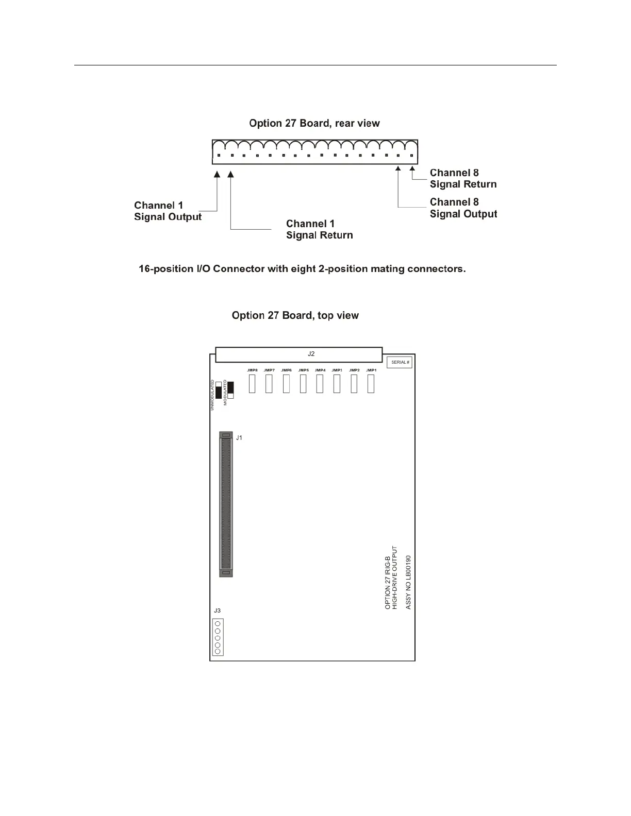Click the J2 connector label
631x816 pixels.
click(311, 354)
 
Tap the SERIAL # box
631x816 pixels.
click(400, 362)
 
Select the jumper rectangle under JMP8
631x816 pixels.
click(252, 384)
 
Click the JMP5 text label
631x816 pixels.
click(303, 370)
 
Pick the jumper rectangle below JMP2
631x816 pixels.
click(354, 384)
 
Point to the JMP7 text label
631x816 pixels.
click(269, 370)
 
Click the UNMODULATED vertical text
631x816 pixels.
click(212, 395)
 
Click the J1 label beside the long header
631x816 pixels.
click(239, 438)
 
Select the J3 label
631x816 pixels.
click(217, 610)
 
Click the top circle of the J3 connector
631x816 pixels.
click(218, 624)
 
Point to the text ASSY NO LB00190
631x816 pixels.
click(408, 582)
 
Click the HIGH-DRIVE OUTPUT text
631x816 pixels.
click(395, 578)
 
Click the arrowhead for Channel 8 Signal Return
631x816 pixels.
click(412, 168)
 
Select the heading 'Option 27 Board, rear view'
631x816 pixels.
click(314, 123)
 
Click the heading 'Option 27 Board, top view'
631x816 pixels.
click(295, 315)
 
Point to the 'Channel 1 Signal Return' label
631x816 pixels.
click(319, 229)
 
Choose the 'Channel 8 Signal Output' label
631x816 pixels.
click(463, 208)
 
